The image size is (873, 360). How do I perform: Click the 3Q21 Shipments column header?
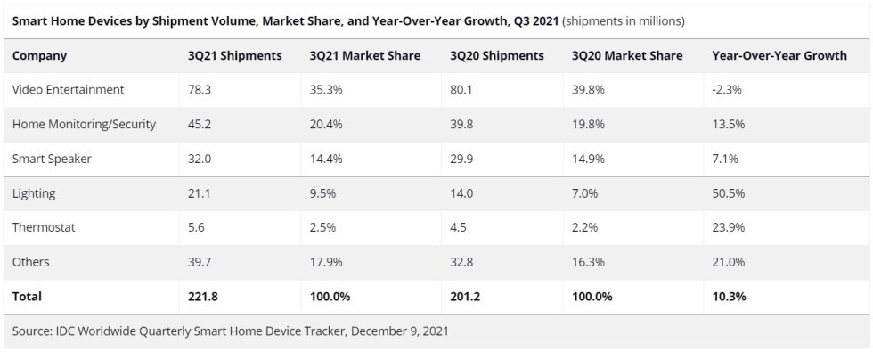click(x=234, y=55)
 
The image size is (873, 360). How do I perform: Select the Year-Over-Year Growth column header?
click(x=779, y=55)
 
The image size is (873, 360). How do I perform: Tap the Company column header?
click(x=39, y=55)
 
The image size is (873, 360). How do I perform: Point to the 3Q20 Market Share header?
click(x=627, y=55)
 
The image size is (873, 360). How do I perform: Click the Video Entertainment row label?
click(x=68, y=90)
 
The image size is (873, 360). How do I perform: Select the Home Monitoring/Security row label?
click(x=84, y=124)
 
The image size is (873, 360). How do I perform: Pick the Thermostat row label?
click(x=44, y=227)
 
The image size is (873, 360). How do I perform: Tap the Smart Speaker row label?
click(x=52, y=159)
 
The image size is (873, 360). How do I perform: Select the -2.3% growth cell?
click(x=729, y=90)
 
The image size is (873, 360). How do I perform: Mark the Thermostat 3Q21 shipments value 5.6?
click(x=195, y=227)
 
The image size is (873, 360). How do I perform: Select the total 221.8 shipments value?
click(x=202, y=296)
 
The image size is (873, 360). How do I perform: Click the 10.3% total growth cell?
click(x=730, y=296)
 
